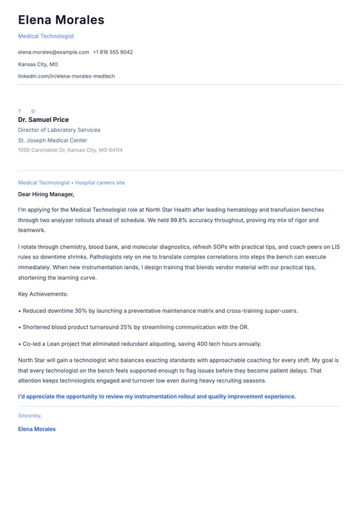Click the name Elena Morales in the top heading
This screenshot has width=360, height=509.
click(x=61, y=20)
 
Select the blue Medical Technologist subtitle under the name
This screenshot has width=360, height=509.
click(x=46, y=36)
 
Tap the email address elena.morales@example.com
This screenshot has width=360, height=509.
click(x=53, y=52)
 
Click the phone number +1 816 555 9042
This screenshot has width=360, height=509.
click(x=113, y=52)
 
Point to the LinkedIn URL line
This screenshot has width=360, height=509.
click(x=66, y=76)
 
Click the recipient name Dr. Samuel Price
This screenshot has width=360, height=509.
click(x=43, y=120)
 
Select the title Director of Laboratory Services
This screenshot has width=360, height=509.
click(x=59, y=131)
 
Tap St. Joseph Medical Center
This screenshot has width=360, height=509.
click(x=52, y=141)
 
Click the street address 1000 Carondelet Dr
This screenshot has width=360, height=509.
click(x=41, y=150)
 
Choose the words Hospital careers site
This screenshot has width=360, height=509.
click(x=100, y=183)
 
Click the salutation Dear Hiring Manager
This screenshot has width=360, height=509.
click(x=46, y=195)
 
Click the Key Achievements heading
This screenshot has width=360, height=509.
click(x=43, y=294)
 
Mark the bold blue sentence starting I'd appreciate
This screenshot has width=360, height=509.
click(x=156, y=396)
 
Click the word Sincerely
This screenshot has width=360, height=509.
click(x=30, y=416)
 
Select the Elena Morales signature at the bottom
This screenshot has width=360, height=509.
click(x=36, y=429)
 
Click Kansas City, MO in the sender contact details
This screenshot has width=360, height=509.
click(x=38, y=64)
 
